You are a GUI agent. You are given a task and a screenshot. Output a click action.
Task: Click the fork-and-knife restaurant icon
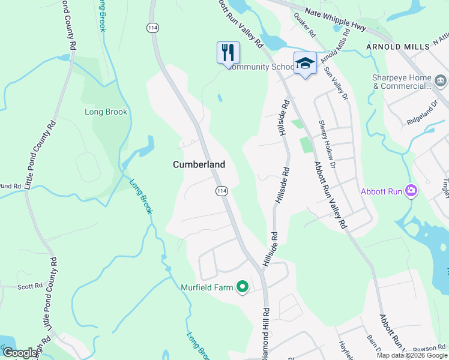pos(228,52)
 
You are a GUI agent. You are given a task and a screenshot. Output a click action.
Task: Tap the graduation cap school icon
pos(305,63)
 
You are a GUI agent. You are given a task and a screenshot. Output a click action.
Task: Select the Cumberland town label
pos(199,164)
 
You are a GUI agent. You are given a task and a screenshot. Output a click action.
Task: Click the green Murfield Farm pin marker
pos(243,287)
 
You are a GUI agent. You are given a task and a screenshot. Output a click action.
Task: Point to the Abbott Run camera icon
pos(411,191)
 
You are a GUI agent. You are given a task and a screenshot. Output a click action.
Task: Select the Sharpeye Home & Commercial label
pos(402,82)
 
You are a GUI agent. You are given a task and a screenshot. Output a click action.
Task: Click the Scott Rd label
pos(30,287)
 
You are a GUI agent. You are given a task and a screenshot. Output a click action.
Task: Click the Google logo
pos(20,353)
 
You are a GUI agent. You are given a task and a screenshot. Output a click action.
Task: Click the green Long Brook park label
pos(106,112)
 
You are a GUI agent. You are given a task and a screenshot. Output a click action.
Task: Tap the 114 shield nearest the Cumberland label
pos(221,190)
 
